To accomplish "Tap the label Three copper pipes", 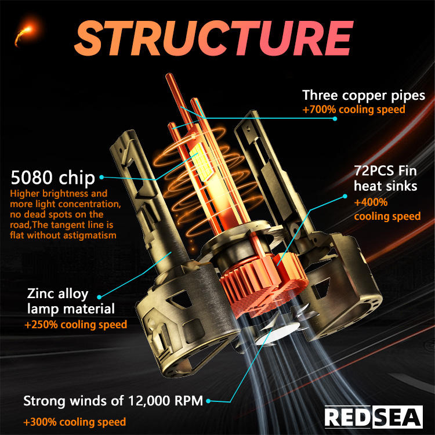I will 364,96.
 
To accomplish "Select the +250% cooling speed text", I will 75,325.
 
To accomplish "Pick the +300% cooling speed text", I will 74,422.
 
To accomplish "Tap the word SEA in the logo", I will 396,417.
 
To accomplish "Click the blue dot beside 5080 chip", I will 102,177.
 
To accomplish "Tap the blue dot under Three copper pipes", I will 335,119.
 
